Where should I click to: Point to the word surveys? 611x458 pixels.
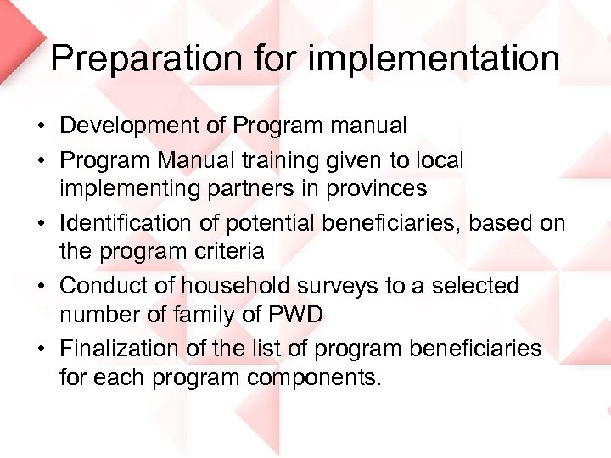[334, 286]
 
